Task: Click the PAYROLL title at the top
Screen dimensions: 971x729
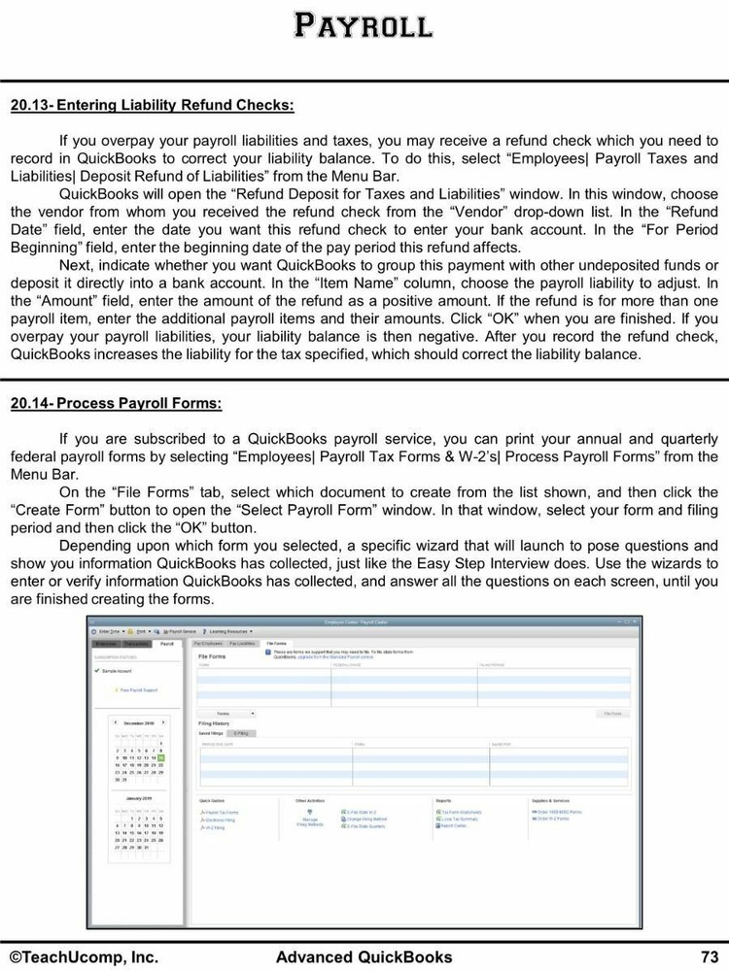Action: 364,25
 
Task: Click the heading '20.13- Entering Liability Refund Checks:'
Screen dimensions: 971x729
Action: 152,104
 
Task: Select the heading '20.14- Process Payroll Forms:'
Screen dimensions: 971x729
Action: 116,402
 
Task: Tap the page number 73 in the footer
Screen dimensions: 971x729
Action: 709,956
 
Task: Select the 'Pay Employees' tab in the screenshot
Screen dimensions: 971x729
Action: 208,644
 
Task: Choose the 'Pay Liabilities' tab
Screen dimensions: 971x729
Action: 243,644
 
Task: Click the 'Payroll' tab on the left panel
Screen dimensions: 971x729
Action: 167,644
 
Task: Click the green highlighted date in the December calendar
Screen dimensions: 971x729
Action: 161,757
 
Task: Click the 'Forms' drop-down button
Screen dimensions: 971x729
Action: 227,714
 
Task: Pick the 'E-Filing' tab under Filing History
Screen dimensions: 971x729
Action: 242,733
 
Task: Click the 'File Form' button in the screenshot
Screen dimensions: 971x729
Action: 612,714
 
